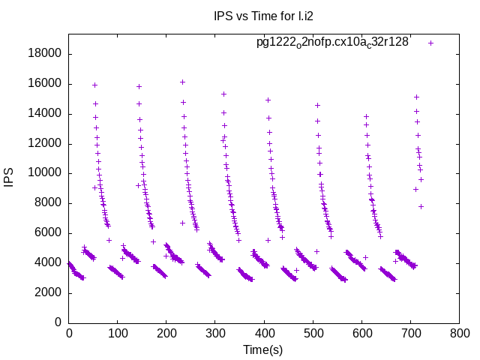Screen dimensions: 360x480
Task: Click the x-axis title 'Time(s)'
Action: click(262, 349)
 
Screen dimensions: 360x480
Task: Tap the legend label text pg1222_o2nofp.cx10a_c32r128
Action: click(332, 42)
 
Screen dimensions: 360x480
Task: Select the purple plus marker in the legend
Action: click(430, 43)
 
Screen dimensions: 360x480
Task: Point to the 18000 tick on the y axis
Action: click(46, 54)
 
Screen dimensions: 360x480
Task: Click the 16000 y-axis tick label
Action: click(46, 84)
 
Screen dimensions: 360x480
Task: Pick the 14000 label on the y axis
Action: click(46, 114)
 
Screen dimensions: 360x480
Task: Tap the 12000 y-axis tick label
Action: click(46, 143)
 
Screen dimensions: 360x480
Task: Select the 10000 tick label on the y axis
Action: click(46, 173)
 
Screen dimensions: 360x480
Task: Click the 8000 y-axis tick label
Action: click(49, 203)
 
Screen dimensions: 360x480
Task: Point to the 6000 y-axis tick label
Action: click(49, 232)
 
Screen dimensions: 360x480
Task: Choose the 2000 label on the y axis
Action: click(49, 292)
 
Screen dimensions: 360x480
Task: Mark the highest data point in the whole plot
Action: click(182, 82)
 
